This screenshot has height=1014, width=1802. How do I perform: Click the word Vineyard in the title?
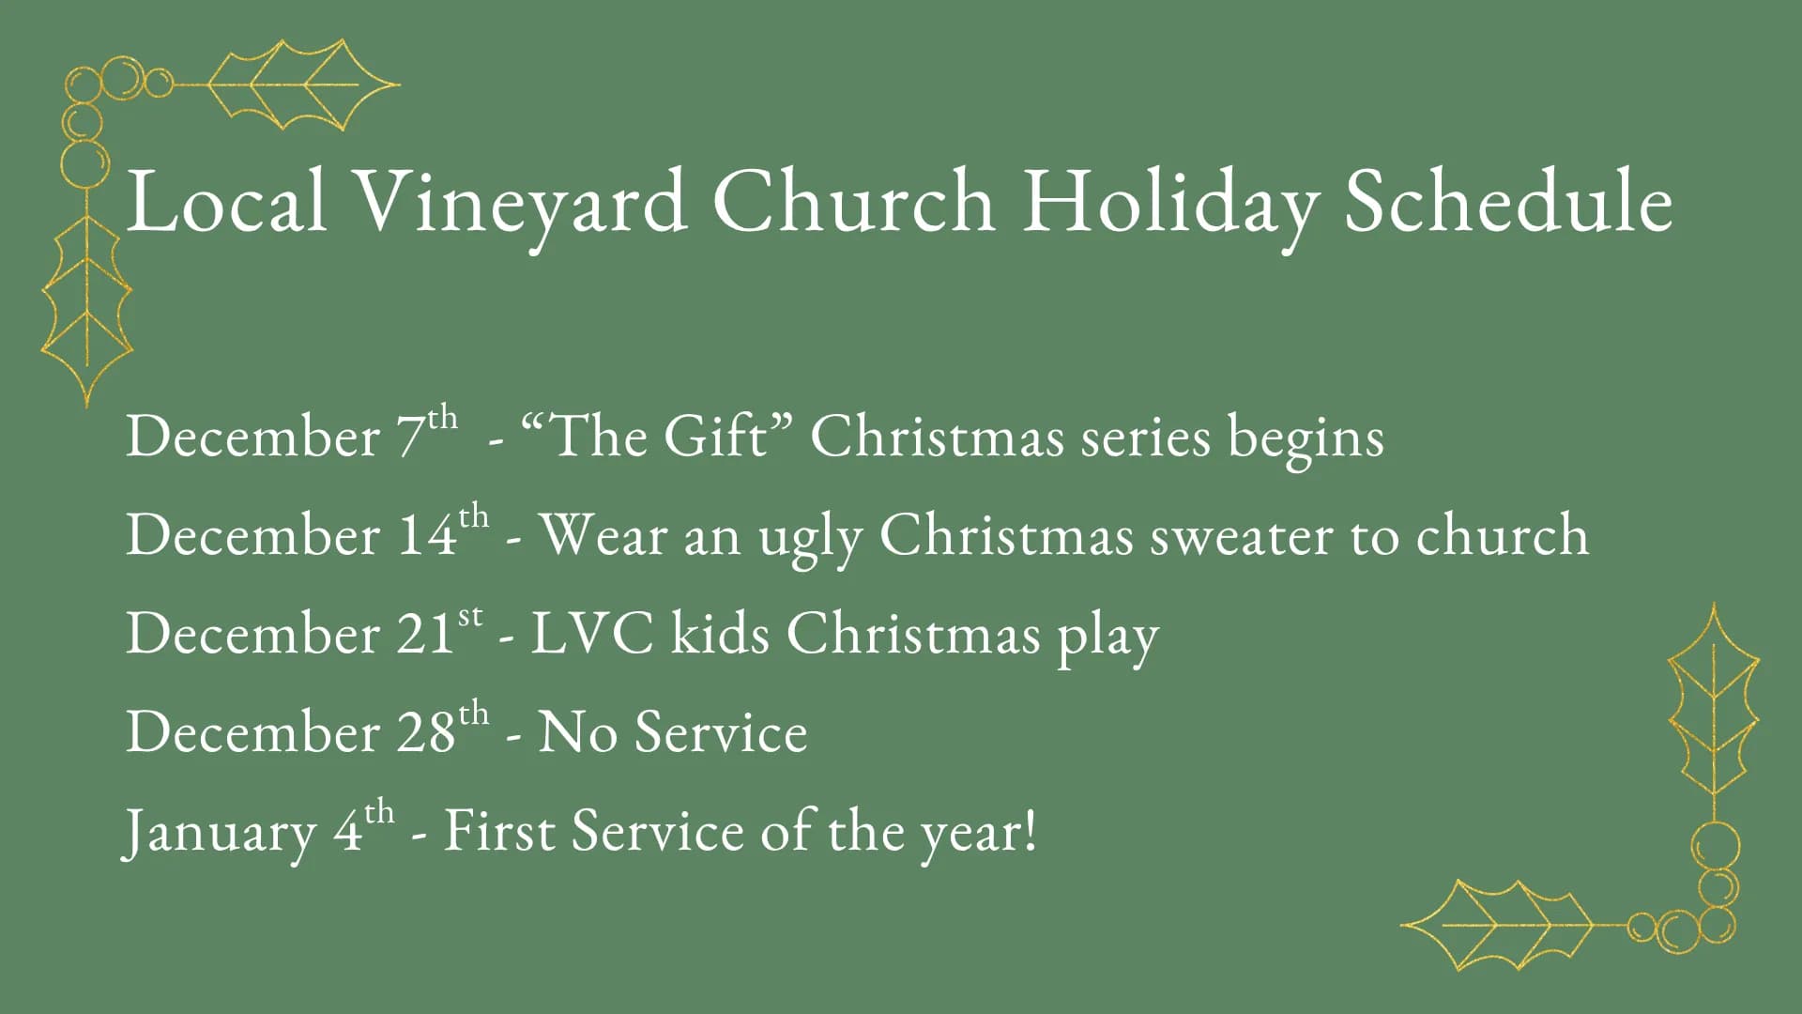point(521,202)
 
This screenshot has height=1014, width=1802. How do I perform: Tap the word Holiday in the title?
point(1169,202)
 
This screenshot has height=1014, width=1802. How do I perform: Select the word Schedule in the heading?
point(1508,202)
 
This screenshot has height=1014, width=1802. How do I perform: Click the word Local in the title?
point(226,202)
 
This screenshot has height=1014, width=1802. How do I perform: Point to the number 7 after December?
point(410,438)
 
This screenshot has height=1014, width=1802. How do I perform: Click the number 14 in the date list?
point(428,535)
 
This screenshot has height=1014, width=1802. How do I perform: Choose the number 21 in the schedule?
point(425,634)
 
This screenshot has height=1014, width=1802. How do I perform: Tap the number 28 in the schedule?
point(426,732)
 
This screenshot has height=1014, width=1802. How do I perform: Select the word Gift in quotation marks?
point(715,438)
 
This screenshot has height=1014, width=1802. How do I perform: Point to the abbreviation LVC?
point(592,634)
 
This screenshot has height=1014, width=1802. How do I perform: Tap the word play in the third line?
point(1108,637)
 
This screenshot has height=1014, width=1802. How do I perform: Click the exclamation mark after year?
point(1031,830)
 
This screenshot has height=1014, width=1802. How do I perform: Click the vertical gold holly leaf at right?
point(1714,704)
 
